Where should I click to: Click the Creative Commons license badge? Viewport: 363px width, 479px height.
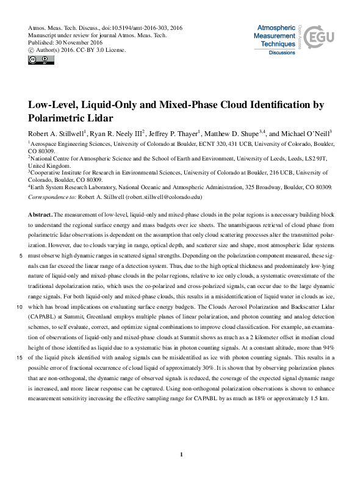click(40, 59)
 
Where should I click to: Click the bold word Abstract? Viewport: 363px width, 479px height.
click(40, 215)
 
